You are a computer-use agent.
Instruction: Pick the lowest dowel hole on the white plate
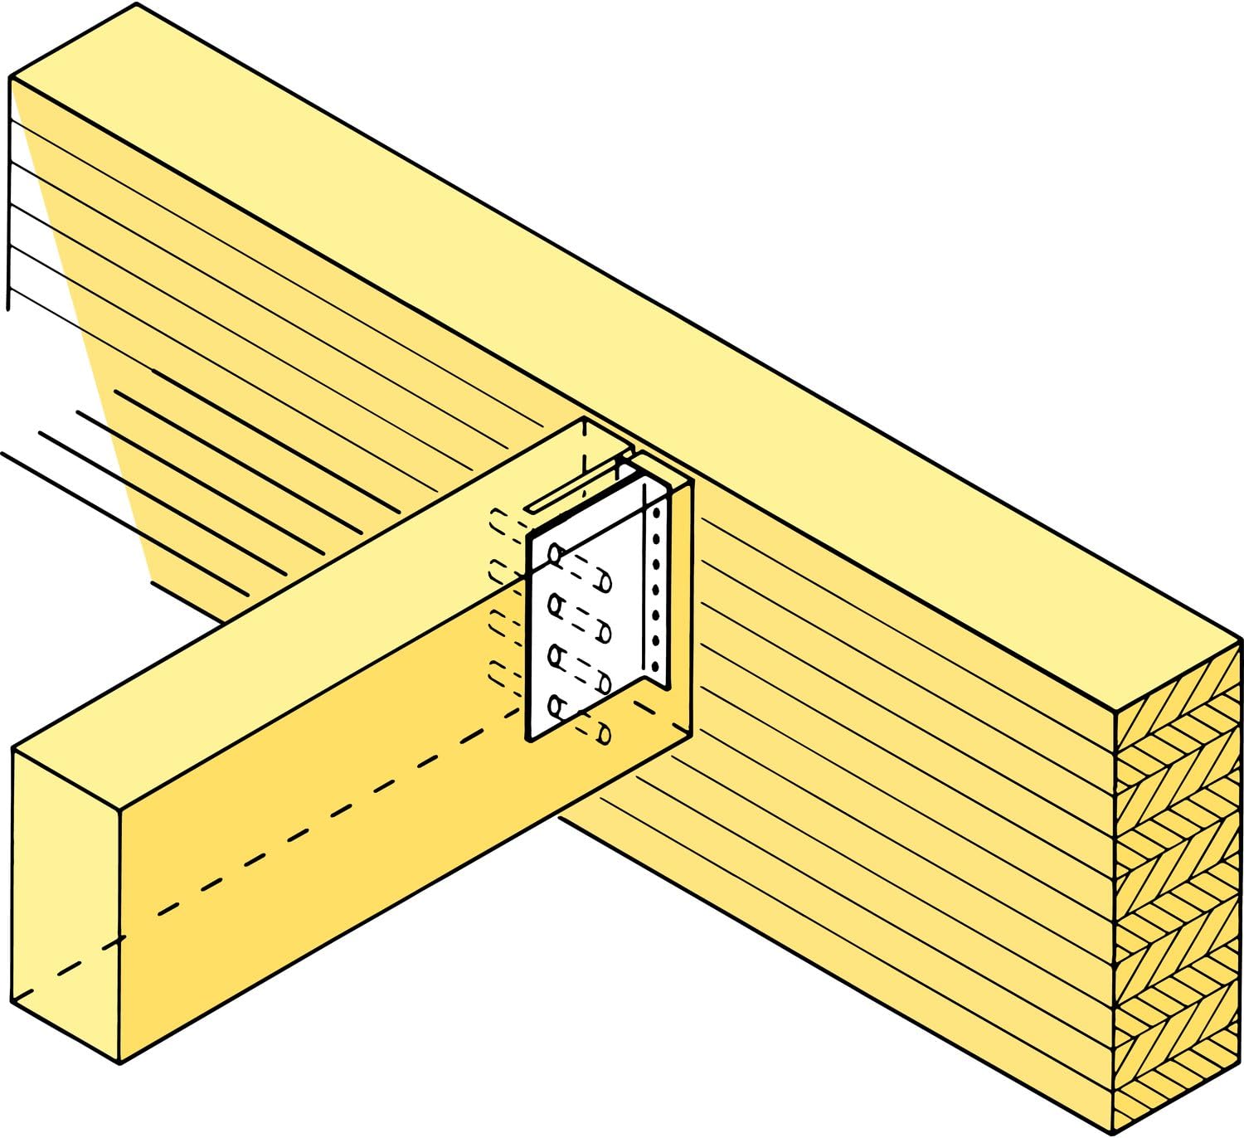pos(556,708)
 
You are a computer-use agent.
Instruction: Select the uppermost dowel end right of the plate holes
pos(605,583)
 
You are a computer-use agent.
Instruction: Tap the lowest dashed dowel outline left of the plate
pos(500,674)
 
